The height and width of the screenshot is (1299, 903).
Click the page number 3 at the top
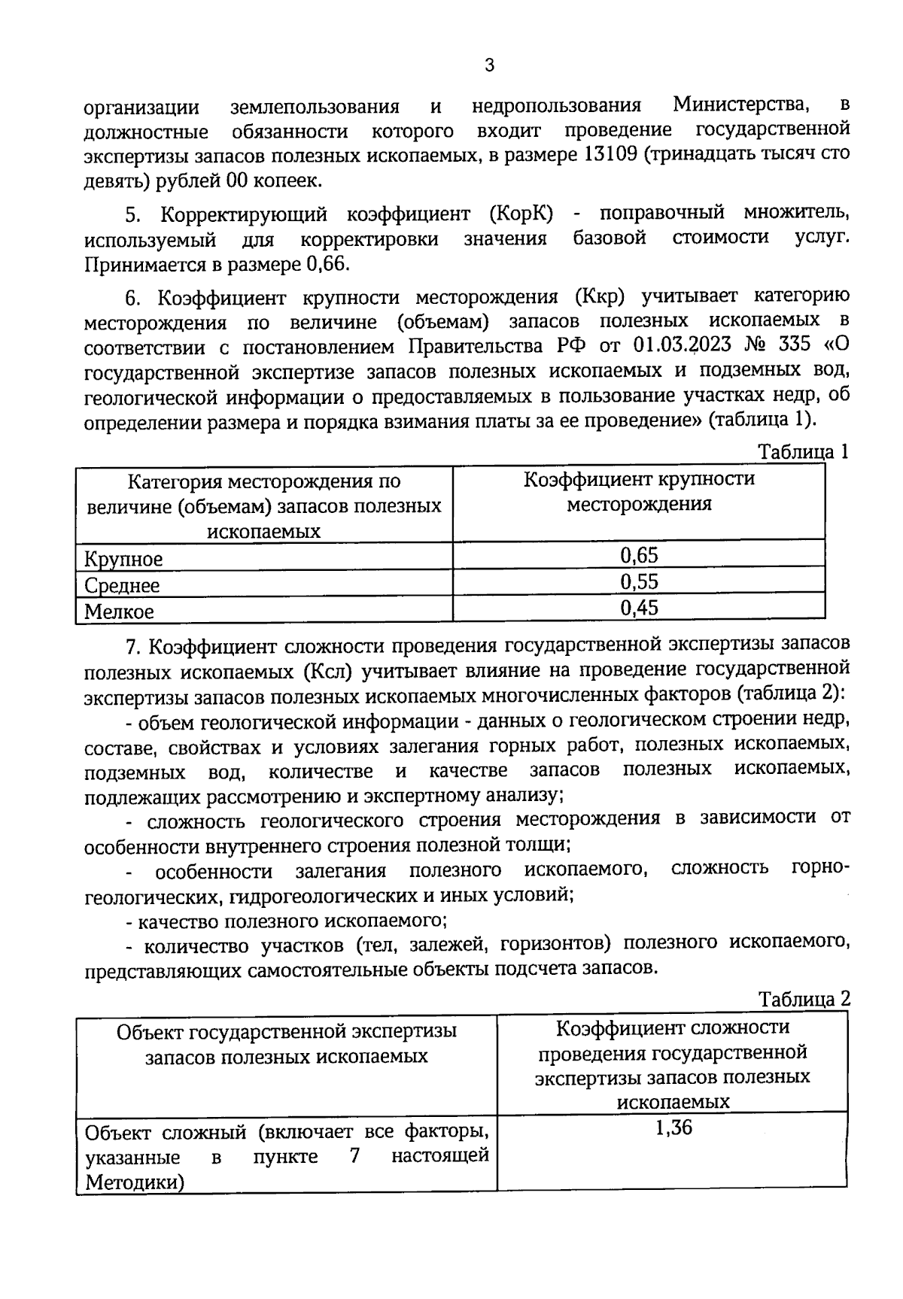489,65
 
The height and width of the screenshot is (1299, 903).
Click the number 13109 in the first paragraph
607,156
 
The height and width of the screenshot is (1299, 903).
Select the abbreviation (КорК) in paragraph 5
521,214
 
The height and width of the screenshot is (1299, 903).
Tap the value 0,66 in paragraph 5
328,265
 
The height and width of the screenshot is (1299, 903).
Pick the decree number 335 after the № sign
795,347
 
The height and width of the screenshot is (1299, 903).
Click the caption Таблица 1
804,451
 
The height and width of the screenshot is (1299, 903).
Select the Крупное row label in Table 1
123,559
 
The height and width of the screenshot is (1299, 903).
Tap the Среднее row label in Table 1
122,585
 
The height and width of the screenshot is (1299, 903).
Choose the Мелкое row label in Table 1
119,611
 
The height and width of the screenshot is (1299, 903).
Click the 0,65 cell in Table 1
639,556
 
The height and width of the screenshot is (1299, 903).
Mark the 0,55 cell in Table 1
639,581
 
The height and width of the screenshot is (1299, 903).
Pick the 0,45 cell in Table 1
639,608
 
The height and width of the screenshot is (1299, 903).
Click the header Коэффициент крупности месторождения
639,491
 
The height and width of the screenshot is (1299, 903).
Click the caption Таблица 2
804,999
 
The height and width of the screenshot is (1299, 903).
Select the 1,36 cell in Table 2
673,1128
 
